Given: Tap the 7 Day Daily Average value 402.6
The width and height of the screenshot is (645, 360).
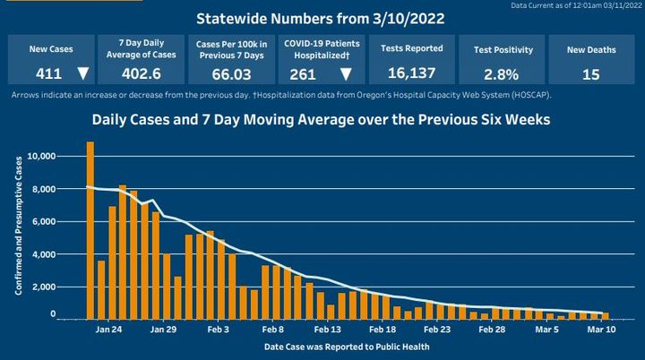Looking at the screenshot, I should click(x=139, y=74).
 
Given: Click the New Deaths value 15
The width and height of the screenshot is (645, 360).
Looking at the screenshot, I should click(x=590, y=74).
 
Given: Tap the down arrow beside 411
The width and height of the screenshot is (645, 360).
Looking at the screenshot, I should click(x=82, y=74).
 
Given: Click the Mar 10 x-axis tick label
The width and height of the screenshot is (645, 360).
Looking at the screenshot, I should click(x=599, y=329).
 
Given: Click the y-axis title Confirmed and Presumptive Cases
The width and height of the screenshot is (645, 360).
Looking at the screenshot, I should click(x=18, y=233).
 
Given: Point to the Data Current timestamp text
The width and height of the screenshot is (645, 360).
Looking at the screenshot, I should click(x=576, y=5).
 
